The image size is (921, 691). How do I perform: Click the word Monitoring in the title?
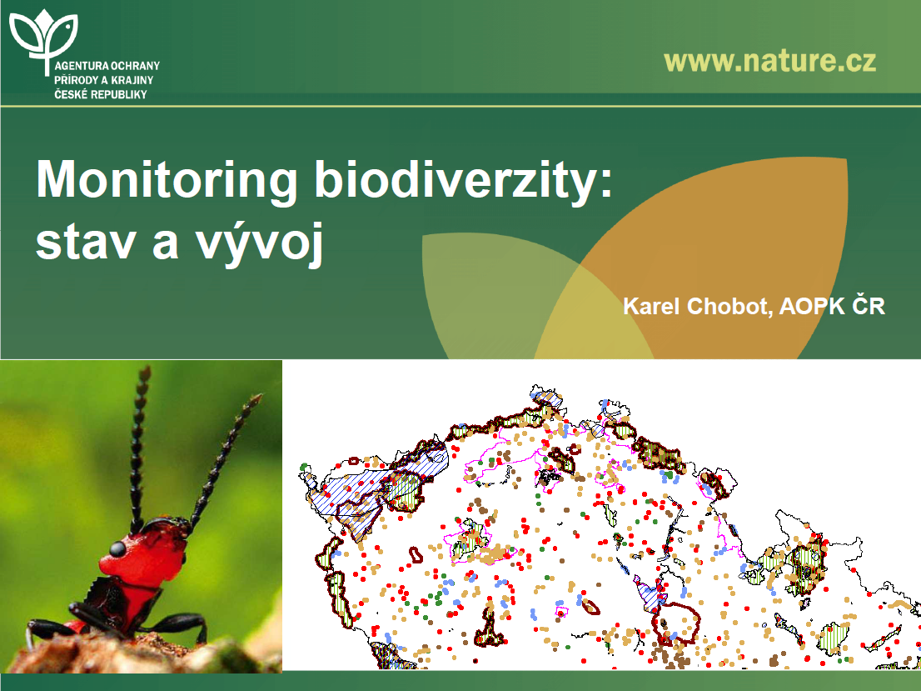[167, 181]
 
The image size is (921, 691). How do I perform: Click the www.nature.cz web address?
[770, 61]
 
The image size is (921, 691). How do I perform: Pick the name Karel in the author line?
[651, 306]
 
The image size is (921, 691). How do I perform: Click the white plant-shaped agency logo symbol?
[44, 39]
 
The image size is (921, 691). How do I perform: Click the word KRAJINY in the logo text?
[132, 80]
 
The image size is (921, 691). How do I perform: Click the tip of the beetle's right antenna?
[258, 398]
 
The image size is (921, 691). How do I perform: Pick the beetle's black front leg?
[177, 623]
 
